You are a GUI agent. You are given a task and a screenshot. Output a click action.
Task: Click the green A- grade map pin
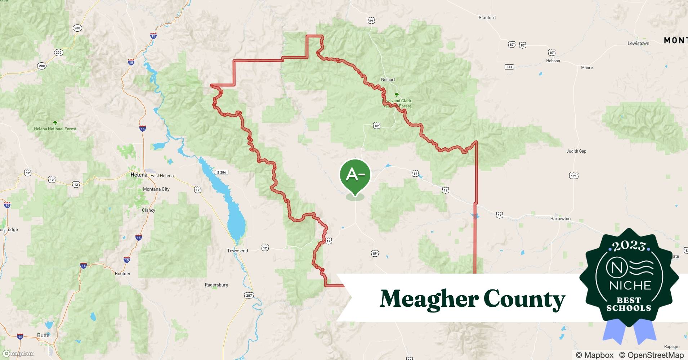pyautogui.click(x=355, y=175)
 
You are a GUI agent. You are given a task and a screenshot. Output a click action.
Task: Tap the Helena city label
pyautogui.click(x=139, y=175)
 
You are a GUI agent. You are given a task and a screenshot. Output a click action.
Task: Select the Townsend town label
pyautogui.click(x=237, y=251)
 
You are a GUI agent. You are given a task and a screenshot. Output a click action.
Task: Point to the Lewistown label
pyautogui.click(x=638, y=43)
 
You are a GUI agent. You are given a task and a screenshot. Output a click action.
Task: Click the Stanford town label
pyautogui.click(x=487, y=17)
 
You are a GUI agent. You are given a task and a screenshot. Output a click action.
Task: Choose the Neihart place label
pyautogui.click(x=388, y=79)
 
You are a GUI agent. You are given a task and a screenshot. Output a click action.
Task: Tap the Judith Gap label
pyautogui.click(x=576, y=151)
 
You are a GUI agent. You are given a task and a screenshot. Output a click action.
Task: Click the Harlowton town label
pyautogui.click(x=560, y=219)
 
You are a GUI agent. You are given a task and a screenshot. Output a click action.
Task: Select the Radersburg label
pyautogui.click(x=216, y=285)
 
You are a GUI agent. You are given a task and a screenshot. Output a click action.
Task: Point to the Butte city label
pyautogui.click(x=43, y=335)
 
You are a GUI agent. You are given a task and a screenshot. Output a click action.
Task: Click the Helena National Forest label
pyautogui.click(x=55, y=129)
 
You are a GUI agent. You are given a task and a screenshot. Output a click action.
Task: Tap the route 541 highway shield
pyautogui.click(x=509, y=67)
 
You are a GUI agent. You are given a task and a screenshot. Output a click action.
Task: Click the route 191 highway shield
pyautogui.click(x=573, y=176)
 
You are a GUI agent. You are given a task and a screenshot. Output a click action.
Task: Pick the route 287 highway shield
pyautogui.click(x=249, y=295)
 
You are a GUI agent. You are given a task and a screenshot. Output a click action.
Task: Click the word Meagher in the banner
pyautogui.click(x=429, y=299)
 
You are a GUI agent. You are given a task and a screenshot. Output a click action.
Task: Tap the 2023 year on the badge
pyautogui.click(x=629, y=246)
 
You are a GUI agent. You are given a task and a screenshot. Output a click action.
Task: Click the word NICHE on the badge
pyautogui.click(x=630, y=285)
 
